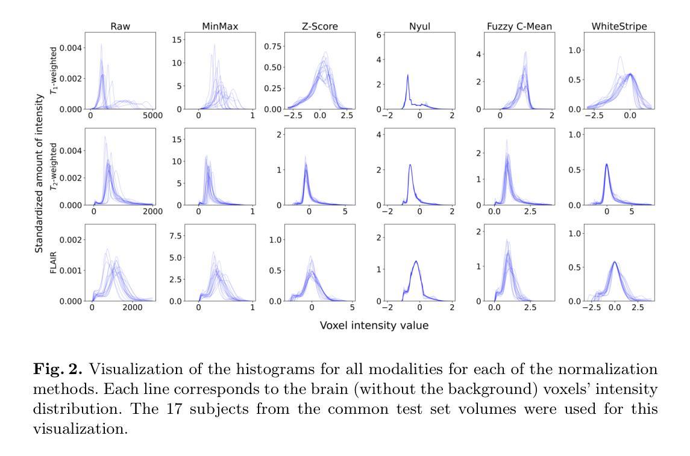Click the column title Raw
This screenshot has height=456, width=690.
click(x=119, y=27)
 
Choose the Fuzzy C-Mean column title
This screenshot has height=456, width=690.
click(x=518, y=27)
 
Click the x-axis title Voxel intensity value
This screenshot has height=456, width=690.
click(x=374, y=326)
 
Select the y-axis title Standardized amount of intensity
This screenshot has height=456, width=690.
click(x=39, y=173)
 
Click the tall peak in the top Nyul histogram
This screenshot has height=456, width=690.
click(x=408, y=76)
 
